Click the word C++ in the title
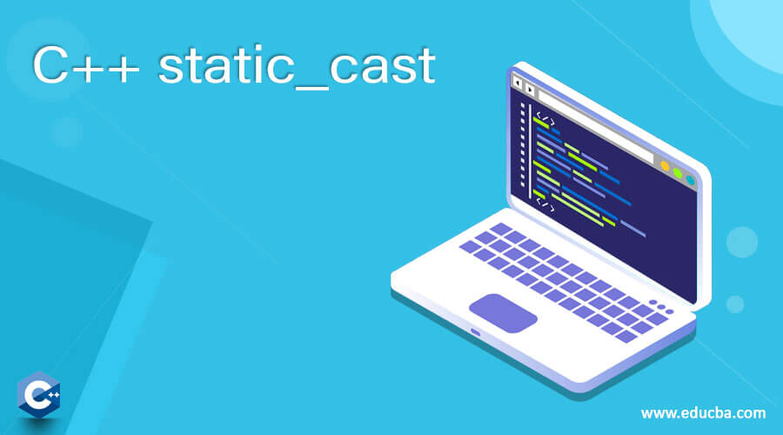pyautogui.click(x=86, y=65)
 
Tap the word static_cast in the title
pyautogui.click(x=298, y=65)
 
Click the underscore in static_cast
pyautogui.click(x=312, y=88)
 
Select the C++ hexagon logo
pyautogui.click(x=38, y=395)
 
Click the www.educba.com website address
pyautogui.click(x=703, y=413)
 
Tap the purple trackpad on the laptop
pyautogui.click(x=503, y=313)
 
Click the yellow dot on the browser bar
pyautogui.click(x=665, y=166)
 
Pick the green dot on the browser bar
pyautogui.click(x=678, y=173)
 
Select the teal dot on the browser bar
pyautogui.click(x=690, y=180)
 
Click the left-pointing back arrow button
pyautogui.click(x=518, y=83)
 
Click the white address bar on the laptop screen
pyautogui.click(x=596, y=127)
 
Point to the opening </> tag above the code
pyautogui.click(x=545, y=119)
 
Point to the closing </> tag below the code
pyautogui.click(x=545, y=204)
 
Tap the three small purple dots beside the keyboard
pyautogui.click(x=661, y=306)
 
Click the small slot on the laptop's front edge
pyautogui.click(x=475, y=332)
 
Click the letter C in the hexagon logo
pyautogui.click(x=34, y=395)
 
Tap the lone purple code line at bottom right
pyautogui.click(x=632, y=229)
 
